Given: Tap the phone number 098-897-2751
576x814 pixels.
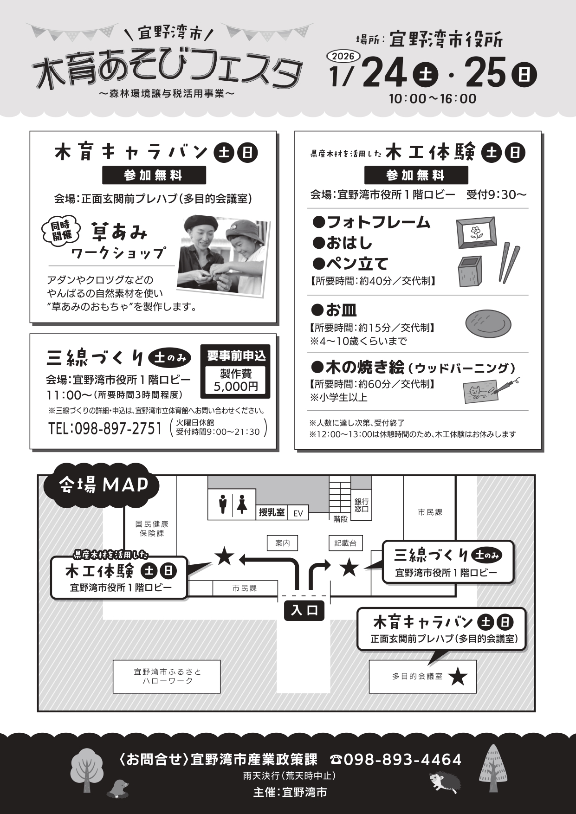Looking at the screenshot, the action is [x=105, y=428].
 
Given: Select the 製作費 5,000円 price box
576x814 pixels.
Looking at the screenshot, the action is [x=236, y=380].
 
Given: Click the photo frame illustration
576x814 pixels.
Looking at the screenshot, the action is [x=476, y=233].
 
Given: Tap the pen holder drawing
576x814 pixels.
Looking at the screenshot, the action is [x=472, y=271].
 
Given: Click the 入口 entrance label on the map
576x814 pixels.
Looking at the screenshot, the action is [x=304, y=610].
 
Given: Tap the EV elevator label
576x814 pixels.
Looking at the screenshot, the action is [x=298, y=513].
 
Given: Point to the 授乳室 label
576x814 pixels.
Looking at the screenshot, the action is [x=272, y=512].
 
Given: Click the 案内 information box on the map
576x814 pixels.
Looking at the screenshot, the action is [x=282, y=543].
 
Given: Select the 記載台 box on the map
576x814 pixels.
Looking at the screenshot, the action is [x=345, y=543].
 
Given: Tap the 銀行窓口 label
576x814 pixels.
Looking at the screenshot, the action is [x=362, y=505].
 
